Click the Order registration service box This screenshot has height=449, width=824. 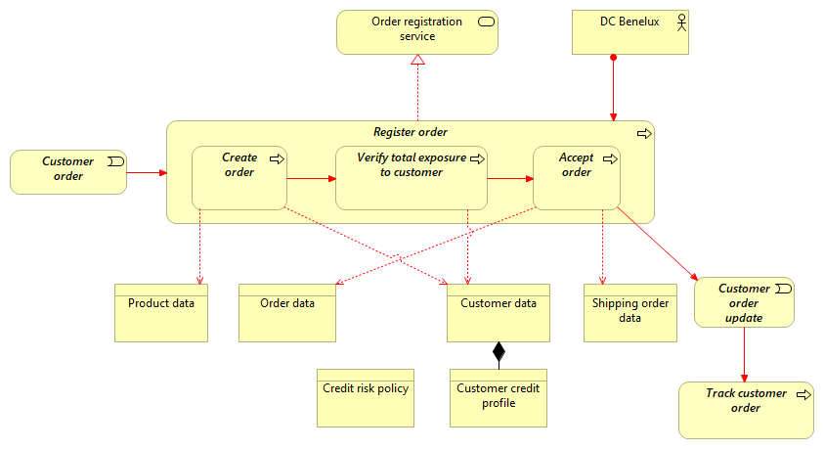417,31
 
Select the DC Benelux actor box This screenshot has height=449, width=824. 630,31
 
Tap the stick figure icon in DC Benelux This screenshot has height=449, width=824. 681,22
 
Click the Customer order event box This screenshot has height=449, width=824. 68,172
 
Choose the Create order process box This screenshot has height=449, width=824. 239,177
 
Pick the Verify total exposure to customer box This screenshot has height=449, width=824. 411,177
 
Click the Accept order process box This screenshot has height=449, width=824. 577,177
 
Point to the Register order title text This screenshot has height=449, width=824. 411,132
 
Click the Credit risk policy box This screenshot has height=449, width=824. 366,398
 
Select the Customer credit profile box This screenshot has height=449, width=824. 498,398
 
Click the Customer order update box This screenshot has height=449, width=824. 744,302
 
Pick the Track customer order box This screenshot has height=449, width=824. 746,410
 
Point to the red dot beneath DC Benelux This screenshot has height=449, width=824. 614,58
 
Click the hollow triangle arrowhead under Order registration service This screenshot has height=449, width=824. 417,61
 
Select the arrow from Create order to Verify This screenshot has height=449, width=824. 311,179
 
